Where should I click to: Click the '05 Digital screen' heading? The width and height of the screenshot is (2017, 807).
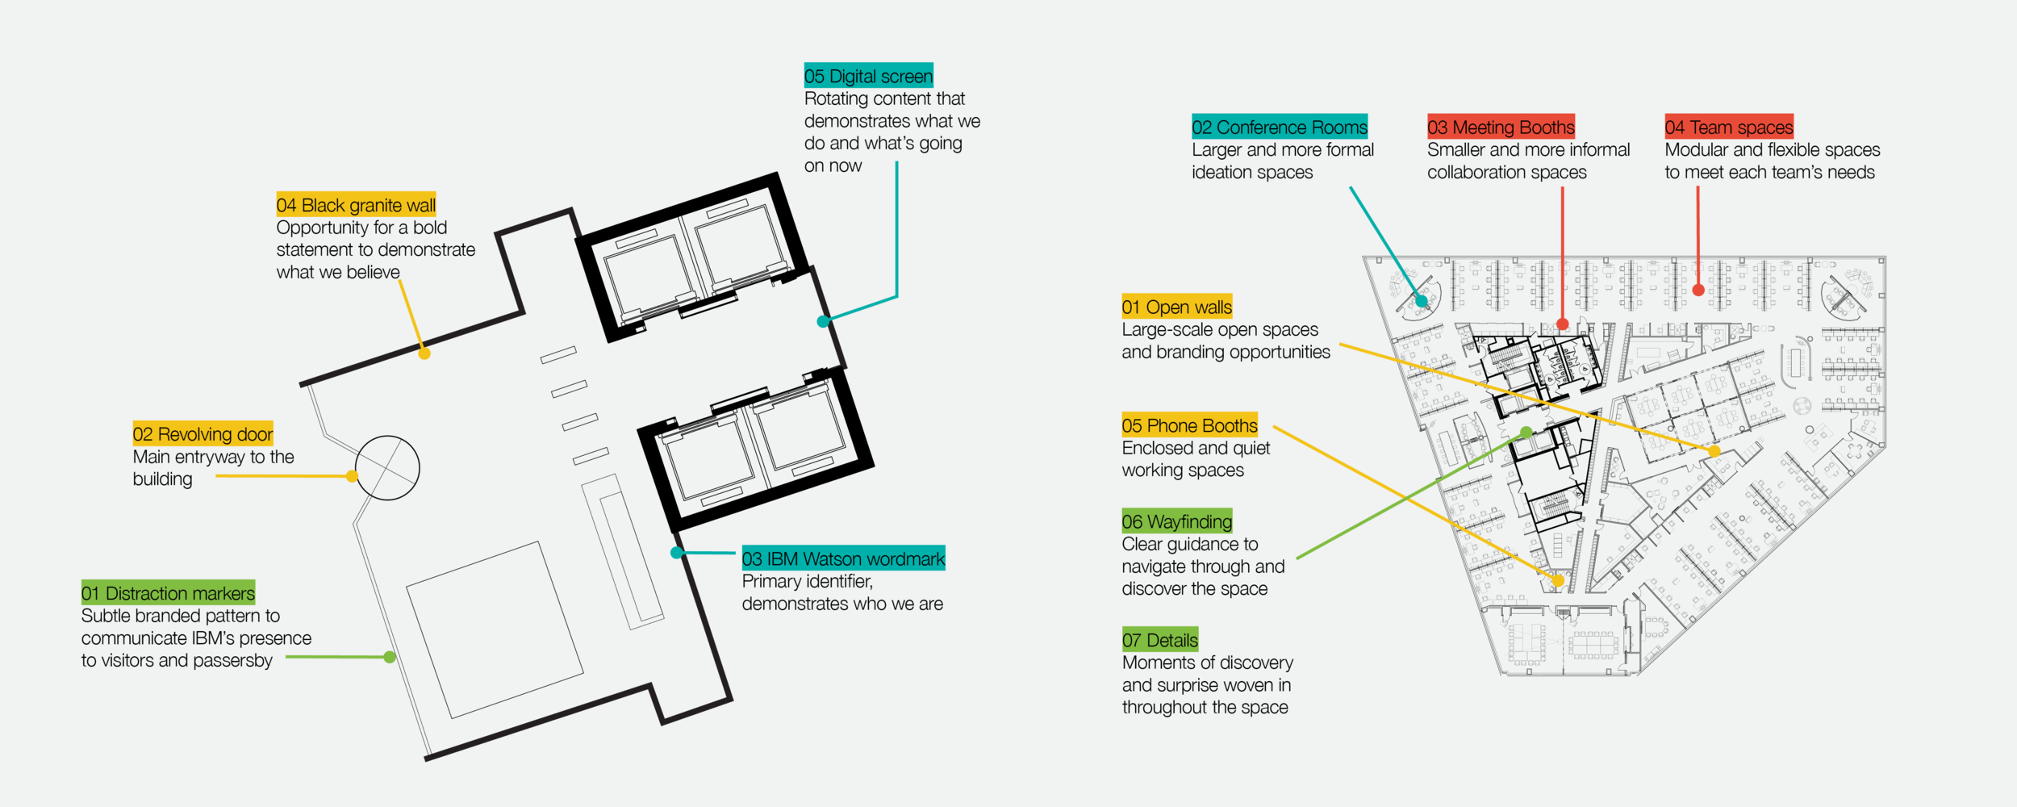868,75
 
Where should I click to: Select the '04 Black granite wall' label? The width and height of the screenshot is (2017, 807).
356,204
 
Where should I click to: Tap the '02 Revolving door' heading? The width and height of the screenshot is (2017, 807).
203,433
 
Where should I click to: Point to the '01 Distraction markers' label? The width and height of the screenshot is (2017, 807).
168,592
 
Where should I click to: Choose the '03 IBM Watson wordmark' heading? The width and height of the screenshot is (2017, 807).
843,558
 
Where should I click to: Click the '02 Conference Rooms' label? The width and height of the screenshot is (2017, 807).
1280,126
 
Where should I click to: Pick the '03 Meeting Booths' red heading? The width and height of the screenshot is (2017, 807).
1501,126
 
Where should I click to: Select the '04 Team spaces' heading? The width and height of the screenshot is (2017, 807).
1729,126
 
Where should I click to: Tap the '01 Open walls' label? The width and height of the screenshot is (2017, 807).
1176,306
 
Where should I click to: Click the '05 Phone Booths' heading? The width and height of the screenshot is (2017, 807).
1189,424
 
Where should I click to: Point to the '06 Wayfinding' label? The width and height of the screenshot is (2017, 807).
1176,521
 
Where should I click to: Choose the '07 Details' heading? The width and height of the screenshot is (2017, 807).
1159,639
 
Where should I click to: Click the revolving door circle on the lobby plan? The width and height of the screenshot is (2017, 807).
387,436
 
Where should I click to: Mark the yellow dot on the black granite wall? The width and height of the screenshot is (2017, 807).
424,353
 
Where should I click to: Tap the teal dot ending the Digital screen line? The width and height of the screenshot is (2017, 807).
823,321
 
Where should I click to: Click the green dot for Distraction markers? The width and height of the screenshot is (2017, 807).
390,657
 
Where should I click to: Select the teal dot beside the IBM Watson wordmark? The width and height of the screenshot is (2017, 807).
677,553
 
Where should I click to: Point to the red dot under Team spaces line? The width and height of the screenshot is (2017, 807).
1698,290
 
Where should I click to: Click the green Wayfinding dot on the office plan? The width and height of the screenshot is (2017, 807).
1526,433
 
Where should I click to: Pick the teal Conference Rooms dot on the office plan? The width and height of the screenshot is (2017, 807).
1422,301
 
